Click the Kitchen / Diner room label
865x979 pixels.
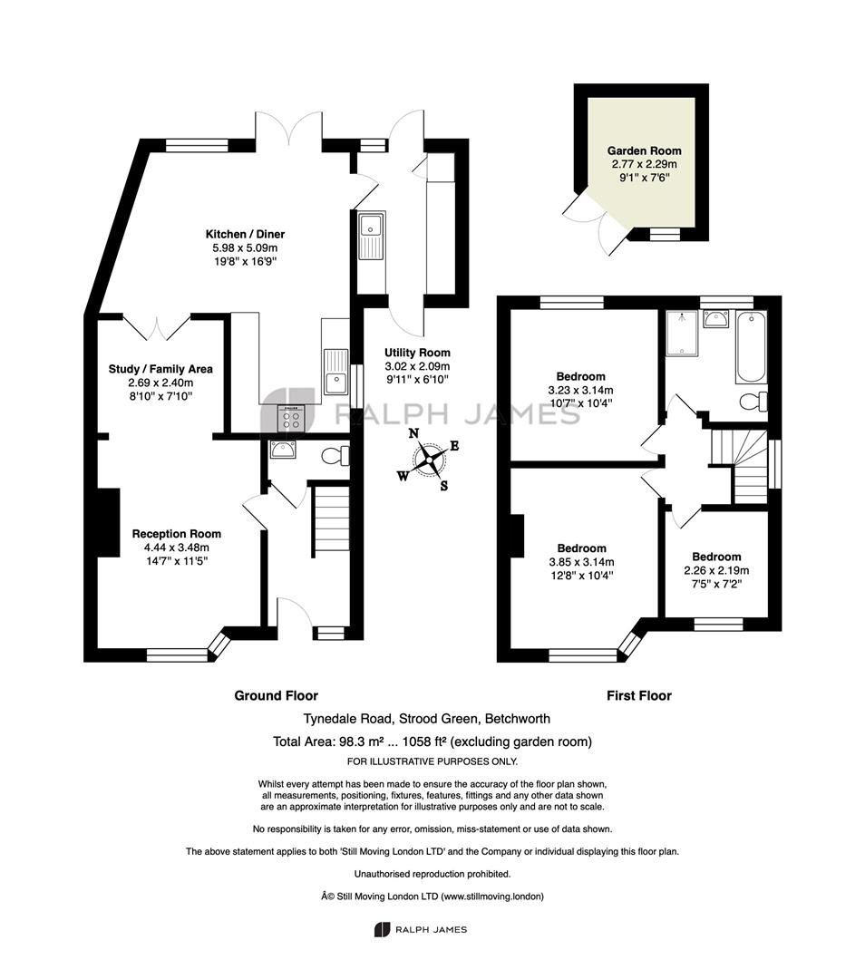point(245,234)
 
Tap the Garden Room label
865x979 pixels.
point(644,150)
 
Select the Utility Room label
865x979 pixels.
point(417,352)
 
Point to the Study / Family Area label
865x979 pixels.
point(160,369)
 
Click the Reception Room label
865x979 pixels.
point(176,534)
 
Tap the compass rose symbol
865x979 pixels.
point(430,459)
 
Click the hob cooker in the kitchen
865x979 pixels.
point(291,418)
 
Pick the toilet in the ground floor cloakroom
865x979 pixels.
point(335,456)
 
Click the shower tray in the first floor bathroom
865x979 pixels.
point(682,334)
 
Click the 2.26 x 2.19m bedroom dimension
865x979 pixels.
point(716,570)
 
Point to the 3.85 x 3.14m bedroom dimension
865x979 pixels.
point(581,562)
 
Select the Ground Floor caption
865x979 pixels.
point(276,695)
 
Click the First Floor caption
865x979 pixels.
point(639,695)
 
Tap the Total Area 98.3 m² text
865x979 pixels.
point(432,742)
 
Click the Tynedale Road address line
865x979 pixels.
point(426,719)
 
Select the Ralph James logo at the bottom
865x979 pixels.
point(421,930)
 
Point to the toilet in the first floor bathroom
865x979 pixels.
point(753,401)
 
